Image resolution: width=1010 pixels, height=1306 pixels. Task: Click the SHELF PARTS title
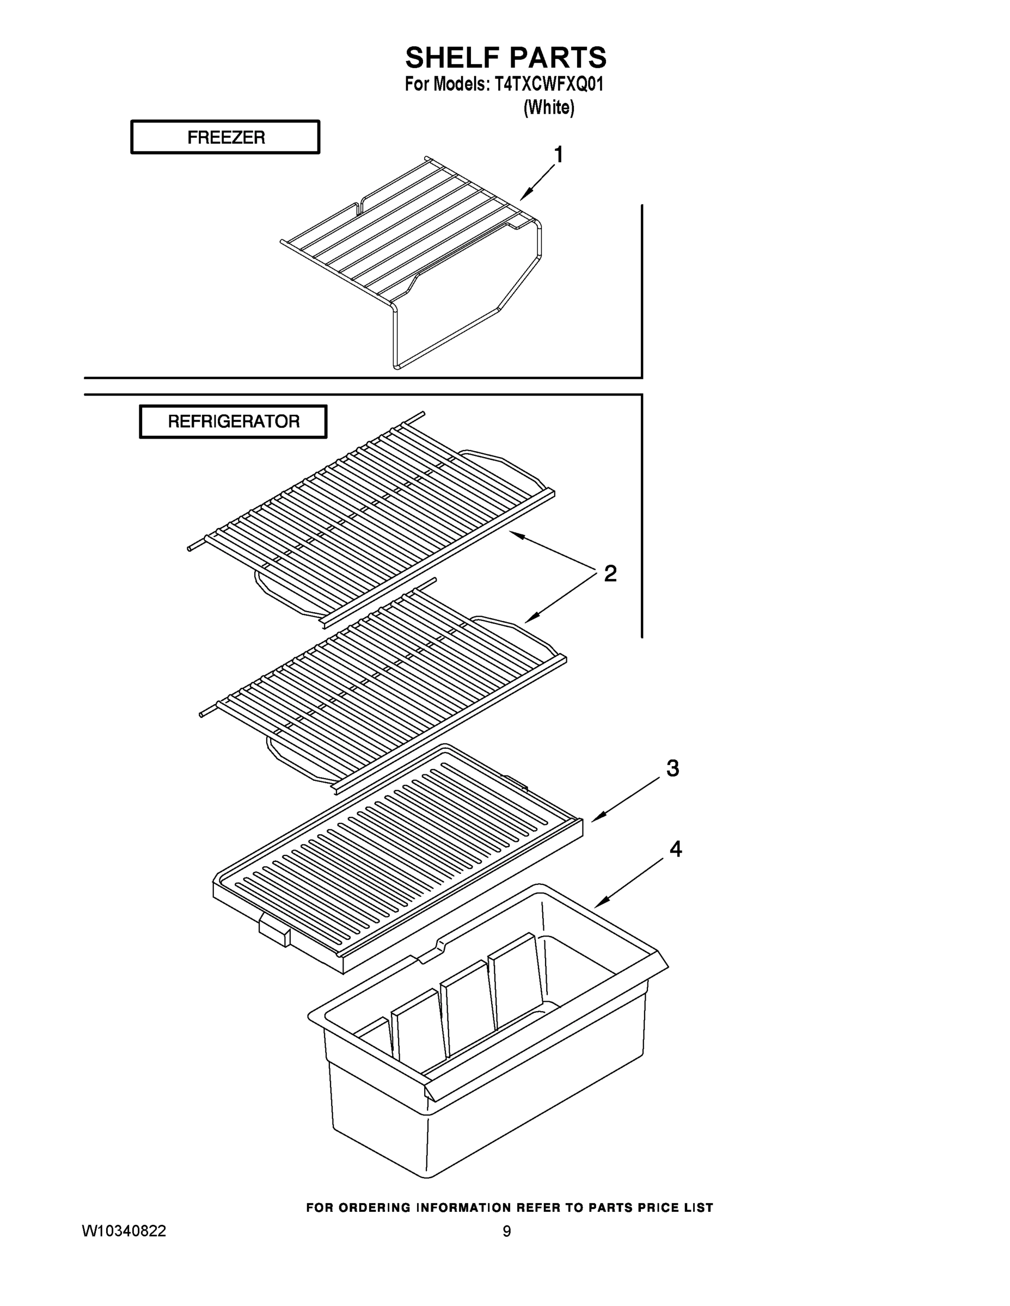pyautogui.click(x=506, y=58)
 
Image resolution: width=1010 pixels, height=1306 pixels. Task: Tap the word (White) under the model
pyautogui.click(x=549, y=108)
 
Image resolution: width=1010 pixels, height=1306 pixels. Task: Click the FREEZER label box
pyautogui.click(x=225, y=138)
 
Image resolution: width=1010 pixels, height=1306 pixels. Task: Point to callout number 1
pyautogui.click(x=558, y=155)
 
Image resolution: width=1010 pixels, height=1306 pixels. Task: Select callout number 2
pyautogui.click(x=610, y=574)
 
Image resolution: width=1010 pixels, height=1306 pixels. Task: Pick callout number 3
pyautogui.click(x=672, y=768)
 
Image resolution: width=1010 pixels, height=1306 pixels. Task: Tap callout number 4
pyautogui.click(x=675, y=848)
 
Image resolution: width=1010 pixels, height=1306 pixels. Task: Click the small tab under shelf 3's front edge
pyautogui.click(x=274, y=932)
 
